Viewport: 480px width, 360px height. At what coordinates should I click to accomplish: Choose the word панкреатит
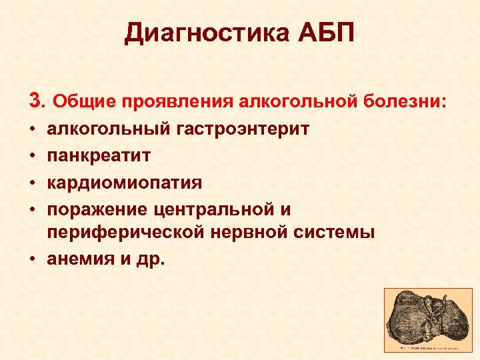click(x=99, y=155)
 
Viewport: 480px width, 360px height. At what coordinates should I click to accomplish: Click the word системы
click(x=336, y=233)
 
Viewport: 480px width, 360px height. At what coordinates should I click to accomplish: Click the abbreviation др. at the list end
click(x=148, y=259)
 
